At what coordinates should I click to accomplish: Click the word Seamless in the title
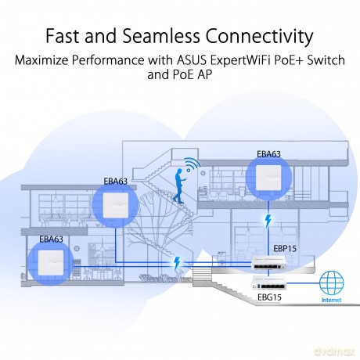coord(161,35)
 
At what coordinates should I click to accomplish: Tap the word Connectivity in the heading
coord(259,36)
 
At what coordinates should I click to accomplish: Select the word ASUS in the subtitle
coord(192,60)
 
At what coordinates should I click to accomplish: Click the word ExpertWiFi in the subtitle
coord(240,61)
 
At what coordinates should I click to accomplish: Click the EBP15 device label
coord(285,249)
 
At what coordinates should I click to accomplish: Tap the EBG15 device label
coord(269,297)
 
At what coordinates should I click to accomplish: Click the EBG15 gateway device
coord(268,283)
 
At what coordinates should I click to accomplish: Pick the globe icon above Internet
coord(331,283)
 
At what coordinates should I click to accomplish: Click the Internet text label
coord(331,300)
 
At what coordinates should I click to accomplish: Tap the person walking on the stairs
coord(179,185)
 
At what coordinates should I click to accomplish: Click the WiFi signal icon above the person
coord(193,164)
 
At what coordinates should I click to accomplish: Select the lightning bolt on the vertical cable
coord(268,221)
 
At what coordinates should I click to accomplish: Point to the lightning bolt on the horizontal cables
coord(177,263)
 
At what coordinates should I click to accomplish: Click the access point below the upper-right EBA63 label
coord(268,178)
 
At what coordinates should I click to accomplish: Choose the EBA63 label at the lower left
coord(51,239)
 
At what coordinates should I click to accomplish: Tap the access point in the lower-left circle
coord(51,263)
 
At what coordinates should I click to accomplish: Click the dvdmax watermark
coord(335,351)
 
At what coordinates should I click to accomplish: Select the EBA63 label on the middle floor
coord(116,182)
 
